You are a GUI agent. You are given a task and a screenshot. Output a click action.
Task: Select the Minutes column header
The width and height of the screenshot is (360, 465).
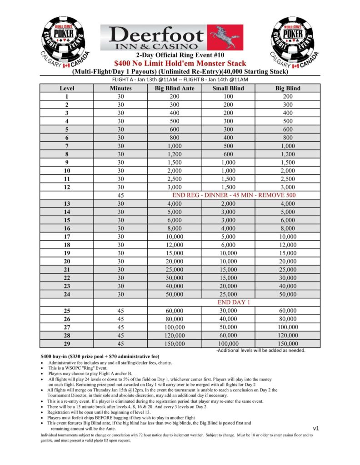pos(120,88)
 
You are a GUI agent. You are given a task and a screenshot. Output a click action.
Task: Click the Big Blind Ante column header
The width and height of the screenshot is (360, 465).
pos(174,88)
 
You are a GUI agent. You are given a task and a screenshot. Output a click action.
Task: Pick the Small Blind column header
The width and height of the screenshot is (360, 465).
pos(228,88)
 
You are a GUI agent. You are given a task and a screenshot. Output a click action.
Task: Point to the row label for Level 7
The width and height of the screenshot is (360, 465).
pos(67,146)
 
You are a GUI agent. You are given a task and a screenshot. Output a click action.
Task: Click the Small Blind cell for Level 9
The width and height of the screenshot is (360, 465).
pos(228,163)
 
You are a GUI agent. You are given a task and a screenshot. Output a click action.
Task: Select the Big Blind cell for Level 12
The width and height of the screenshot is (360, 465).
pos(287,187)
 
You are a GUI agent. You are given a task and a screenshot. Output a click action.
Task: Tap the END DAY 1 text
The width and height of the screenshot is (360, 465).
pos(234,302)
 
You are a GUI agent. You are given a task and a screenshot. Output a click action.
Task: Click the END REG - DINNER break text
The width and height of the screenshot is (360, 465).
pos(234,195)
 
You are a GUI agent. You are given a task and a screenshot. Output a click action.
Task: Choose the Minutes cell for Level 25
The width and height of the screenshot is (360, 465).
pos(120,311)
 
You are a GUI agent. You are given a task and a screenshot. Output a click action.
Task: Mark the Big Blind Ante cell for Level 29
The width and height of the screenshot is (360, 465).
pos(174,344)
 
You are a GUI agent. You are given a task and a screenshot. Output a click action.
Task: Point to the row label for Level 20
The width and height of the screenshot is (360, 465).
pos(67,261)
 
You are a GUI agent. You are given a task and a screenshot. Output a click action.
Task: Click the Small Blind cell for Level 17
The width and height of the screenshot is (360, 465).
pos(228,237)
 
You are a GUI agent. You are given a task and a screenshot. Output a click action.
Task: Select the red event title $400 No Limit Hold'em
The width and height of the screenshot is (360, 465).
pos(180,64)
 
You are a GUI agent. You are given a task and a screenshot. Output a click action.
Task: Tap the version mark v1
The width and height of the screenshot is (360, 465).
pos(316,428)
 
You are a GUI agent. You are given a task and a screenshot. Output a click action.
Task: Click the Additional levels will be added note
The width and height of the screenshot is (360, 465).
pos(260,351)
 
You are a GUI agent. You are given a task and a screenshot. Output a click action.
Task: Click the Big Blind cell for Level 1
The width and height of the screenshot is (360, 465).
pos(287,96)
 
